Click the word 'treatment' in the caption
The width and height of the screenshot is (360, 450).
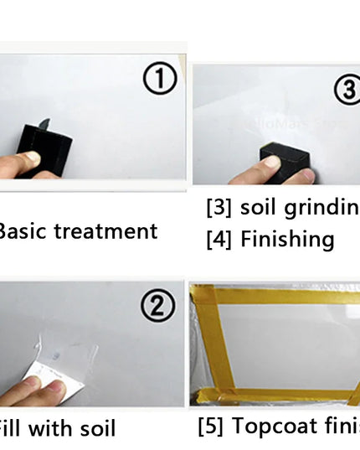click(105, 231)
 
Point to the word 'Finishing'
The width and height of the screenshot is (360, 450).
click(287, 241)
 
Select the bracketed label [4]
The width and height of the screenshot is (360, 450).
click(219, 241)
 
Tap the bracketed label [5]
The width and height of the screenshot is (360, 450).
click(211, 427)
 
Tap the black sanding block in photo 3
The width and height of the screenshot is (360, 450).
click(285, 160)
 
